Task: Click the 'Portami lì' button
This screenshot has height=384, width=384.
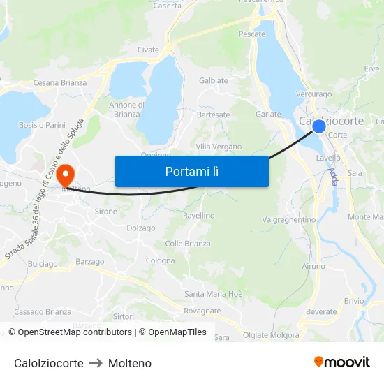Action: [x=191, y=171]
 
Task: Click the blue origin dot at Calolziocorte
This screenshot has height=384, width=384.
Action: [x=318, y=126]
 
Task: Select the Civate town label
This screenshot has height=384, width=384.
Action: [x=148, y=50]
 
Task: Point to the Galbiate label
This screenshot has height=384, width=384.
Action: [x=214, y=80]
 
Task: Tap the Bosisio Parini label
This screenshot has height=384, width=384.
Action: [x=42, y=125]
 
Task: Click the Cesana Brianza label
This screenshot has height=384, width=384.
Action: [x=60, y=83]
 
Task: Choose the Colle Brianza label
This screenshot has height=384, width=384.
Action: [x=188, y=244]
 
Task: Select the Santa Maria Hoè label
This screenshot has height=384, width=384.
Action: [x=214, y=294]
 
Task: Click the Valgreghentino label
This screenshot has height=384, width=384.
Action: [x=288, y=219]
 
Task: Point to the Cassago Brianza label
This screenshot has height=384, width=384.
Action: [x=43, y=311]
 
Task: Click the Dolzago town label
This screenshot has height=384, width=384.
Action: [x=141, y=228]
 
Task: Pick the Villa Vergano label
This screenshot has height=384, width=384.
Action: [x=219, y=147]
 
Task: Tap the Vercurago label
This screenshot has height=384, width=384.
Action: [x=313, y=94]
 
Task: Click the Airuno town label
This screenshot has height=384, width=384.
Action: [x=313, y=267]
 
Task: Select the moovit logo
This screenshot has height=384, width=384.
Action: [x=341, y=362]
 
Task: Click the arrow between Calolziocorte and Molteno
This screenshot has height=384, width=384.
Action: [x=96, y=363]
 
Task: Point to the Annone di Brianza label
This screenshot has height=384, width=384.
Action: [x=127, y=110]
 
